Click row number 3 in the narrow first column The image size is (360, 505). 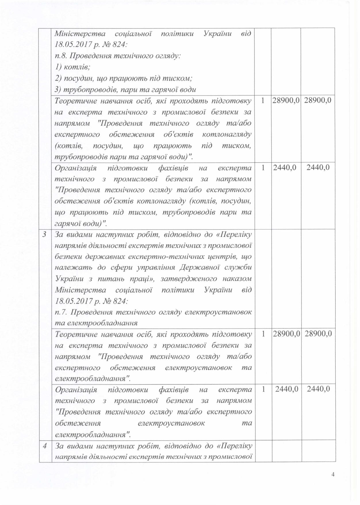[x=45, y=234]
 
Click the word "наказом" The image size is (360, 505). [x=238, y=279]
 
